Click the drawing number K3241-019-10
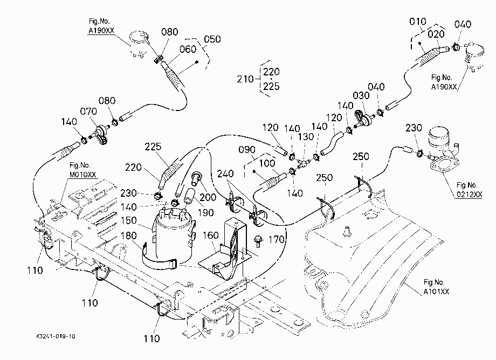[x=56, y=336]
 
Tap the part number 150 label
[x=129, y=220]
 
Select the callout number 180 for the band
[x=129, y=236]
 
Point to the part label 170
[x=277, y=240]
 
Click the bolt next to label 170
[x=258, y=241]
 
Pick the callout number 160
[x=211, y=235]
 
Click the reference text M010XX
[x=83, y=175]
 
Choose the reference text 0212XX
[x=469, y=195]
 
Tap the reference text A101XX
[x=436, y=292]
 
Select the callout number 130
[x=306, y=137]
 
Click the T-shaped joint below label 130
[x=303, y=163]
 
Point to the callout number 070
[x=88, y=111]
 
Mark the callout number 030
[x=361, y=95]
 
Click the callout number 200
[x=208, y=197]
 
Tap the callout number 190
[x=205, y=212]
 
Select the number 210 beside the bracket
[x=245, y=79]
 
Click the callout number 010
[x=417, y=22]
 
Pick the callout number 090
[x=247, y=149]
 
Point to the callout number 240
[x=225, y=174]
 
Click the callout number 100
[x=267, y=163]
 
